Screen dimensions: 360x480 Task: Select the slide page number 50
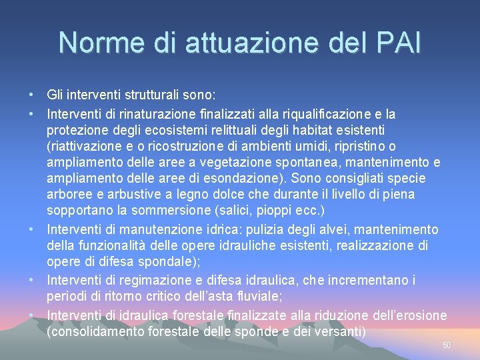coord(447,345)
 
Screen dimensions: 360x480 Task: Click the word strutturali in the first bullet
coord(151,94)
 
